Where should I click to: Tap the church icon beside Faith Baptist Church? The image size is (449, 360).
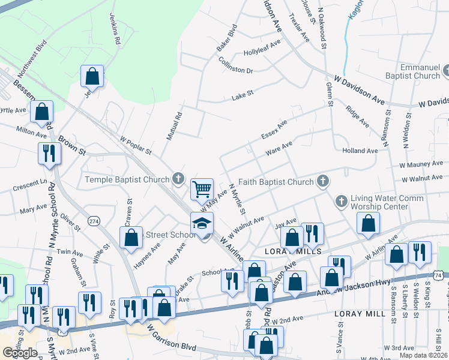[322, 181]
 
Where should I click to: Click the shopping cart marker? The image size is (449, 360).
[202, 190]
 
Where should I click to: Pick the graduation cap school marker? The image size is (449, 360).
[202, 224]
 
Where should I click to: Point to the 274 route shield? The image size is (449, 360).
[94, 221]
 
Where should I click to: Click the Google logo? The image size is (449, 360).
[20, 353]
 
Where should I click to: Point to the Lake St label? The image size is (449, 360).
[243, 94]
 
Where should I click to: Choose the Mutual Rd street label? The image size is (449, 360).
[173, 128]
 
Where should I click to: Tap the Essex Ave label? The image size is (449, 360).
[274, 130]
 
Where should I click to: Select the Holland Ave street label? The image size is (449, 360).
[360, 151]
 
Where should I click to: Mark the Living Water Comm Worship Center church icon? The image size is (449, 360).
[342, 201]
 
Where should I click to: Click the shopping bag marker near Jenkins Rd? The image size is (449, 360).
[92, 76]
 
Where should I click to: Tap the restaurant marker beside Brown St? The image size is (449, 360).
[49, 154]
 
